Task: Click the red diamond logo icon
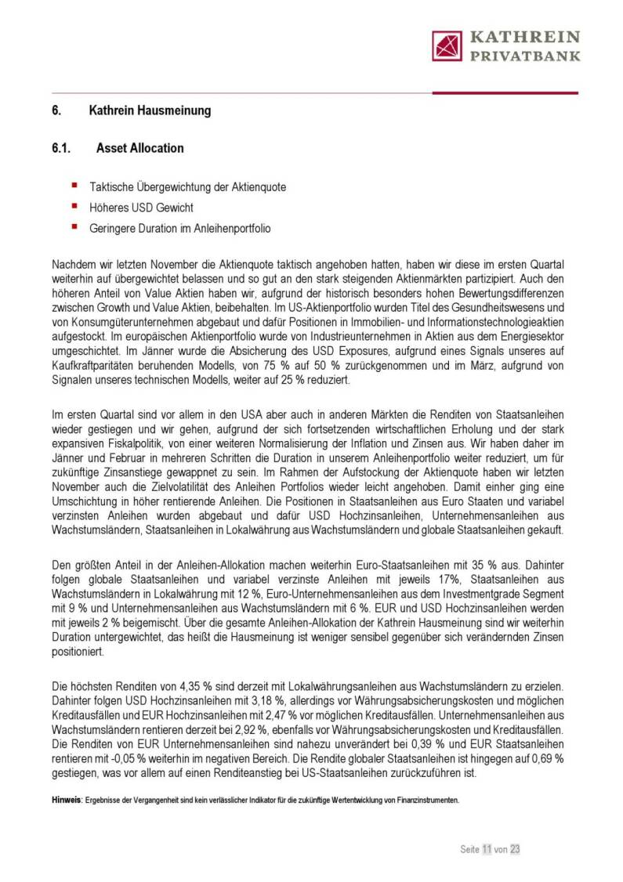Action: click(x=447, y=45)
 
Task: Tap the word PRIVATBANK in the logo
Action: click(x=524, y=56)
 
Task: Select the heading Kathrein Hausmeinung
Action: click(x=150, y=110)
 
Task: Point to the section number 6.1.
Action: click(x=62, y=148)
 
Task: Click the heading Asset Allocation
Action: click(x=140, y=148)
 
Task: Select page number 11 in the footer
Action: click(x=487, y=848)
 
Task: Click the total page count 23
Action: click(x=514, y=848)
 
